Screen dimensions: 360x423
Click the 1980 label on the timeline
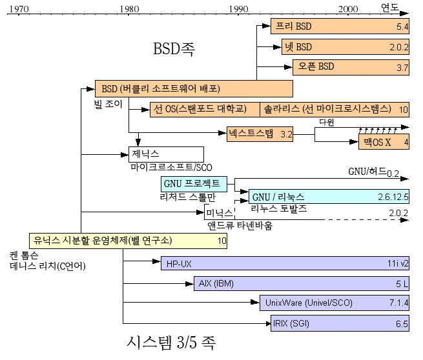pos(129,9)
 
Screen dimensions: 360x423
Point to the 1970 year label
pos(19,9)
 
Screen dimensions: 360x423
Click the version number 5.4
pos(402,27)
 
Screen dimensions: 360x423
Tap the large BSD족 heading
pos(174,49)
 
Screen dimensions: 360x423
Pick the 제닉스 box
pos(167,154)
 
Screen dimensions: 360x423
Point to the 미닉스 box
pos(219,212)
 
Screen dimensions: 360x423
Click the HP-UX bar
pos(285,263)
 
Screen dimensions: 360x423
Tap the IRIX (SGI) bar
pos(340,323)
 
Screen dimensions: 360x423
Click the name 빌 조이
pos(108,103)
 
